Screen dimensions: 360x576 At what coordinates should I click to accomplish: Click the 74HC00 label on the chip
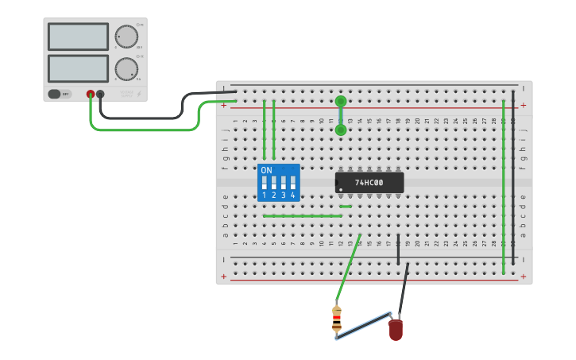(x=369, y=183)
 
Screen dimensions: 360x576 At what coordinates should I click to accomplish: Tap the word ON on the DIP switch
(x=266, y=171)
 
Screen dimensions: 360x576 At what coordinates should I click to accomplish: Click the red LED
(x=396, y=329)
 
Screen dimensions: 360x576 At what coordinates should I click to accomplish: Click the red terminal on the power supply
(x=91, y=94)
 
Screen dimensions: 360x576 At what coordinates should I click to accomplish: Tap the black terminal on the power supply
(x=100, y=94)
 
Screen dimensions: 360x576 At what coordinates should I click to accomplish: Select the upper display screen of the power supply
(x=78, y=37)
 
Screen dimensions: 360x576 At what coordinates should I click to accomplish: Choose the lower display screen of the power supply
(x=78, y=68)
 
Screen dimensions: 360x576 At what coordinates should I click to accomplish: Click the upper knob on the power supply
(x=126, y=37)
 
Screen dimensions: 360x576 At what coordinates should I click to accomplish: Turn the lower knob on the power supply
(x=126, y=68)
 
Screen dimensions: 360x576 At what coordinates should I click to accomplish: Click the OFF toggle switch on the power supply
(x=60, y=94)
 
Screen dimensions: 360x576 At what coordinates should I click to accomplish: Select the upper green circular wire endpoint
(x=341, y=101)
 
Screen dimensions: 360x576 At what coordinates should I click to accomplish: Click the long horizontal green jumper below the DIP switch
(x=302, y=215)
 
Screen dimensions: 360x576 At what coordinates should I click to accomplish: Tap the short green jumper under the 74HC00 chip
(x=346, y=207)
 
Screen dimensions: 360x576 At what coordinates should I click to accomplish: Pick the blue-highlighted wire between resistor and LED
(x=363, y=326)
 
